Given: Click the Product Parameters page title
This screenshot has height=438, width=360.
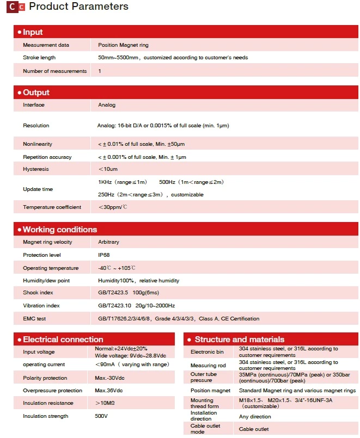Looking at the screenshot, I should [78, 7].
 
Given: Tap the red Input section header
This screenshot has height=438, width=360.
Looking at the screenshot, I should [33, 32].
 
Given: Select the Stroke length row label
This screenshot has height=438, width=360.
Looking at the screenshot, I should [39, 58].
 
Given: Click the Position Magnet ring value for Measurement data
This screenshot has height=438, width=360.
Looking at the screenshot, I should [123, 45].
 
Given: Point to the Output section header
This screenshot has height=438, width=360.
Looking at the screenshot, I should [36, 92].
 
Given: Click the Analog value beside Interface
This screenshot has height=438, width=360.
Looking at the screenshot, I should [107, 105].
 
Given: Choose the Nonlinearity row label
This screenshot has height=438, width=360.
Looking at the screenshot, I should [38, 144].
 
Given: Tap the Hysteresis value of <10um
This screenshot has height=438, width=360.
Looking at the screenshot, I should [108, 169].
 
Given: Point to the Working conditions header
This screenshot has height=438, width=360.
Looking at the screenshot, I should [59, 230].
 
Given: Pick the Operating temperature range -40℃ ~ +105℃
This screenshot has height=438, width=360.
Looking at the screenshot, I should [117, 268].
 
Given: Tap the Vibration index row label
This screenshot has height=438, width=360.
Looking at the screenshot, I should [41, 306].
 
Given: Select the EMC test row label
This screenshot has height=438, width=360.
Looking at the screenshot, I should [34, 318].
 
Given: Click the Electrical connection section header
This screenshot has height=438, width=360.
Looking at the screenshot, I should [63, 340].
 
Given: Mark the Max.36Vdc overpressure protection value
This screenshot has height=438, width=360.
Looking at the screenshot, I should [108, 391].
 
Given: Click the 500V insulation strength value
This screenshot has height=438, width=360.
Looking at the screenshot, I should [102, 416].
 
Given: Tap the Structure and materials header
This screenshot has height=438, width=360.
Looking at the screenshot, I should [239, 340].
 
